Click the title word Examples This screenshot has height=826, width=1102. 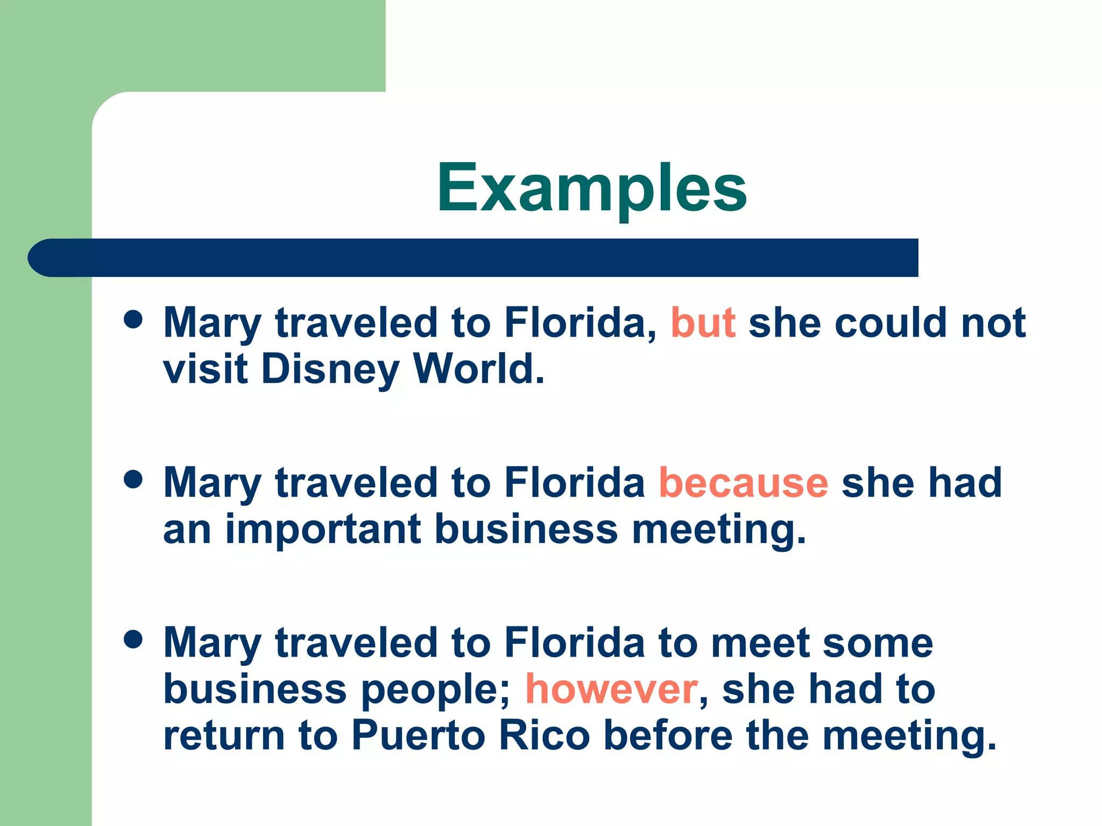[592, 188]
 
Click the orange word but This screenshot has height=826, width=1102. [703, 323]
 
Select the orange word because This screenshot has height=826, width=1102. [743, 483]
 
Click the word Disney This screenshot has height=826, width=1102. [330, 370]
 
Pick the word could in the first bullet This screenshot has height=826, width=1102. [891, 323]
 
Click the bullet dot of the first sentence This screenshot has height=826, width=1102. [133, 319]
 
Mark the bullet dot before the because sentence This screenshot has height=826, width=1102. [133, 479]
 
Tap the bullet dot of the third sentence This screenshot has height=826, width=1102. [133, 639]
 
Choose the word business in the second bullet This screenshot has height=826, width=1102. [526, 530]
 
